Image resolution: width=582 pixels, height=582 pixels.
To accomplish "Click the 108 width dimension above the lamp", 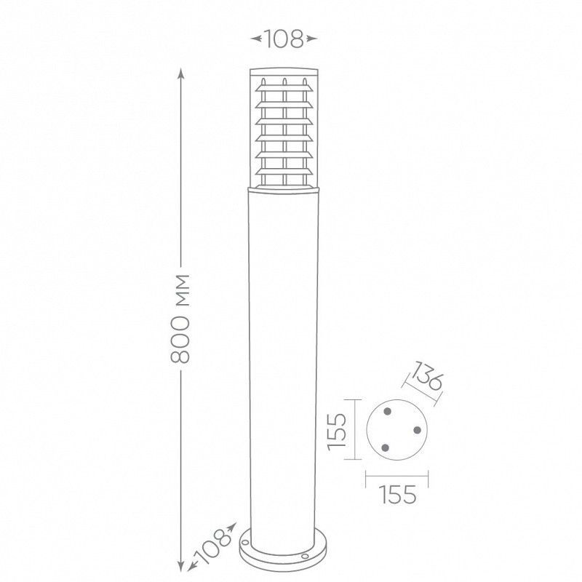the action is (x=284, y=39).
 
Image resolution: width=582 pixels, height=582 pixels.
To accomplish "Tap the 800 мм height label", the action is (x=180, y=319).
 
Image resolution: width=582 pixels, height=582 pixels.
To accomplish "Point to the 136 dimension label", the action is (x=427, y=375).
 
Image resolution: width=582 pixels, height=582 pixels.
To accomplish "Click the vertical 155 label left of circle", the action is (x=337, y=431).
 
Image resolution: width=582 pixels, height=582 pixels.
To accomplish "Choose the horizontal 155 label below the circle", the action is (x=397, y=495).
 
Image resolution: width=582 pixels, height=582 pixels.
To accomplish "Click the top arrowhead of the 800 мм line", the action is (x=180, y=73).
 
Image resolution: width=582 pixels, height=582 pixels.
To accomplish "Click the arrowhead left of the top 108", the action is (x=256, y=39).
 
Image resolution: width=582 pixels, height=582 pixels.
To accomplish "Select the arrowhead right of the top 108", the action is (x=312, y=39).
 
